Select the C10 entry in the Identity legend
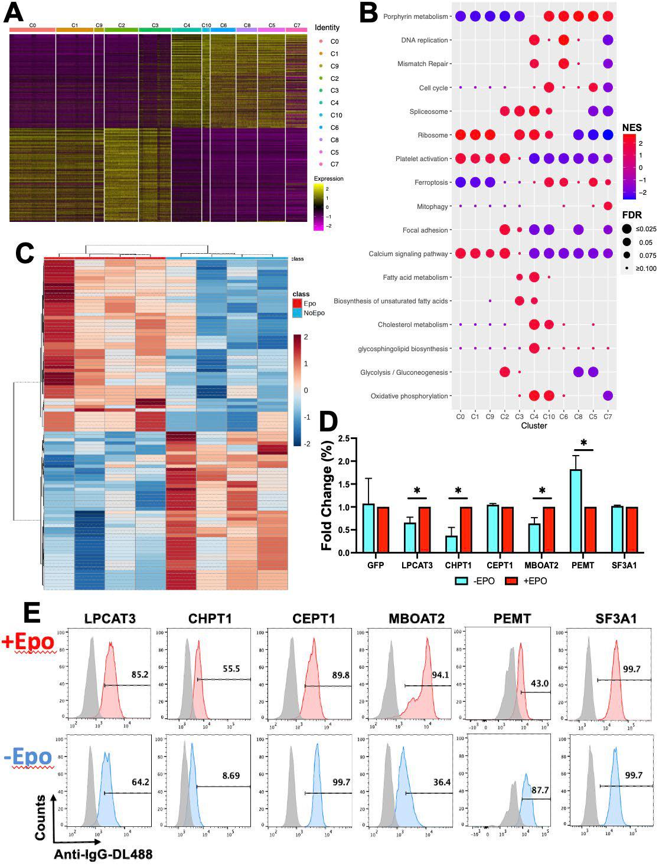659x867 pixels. tap(336, 115)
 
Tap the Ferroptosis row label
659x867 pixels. tap(432, 182)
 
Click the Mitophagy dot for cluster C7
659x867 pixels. tap(608, 206)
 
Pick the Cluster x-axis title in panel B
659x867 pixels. tap(534, 426)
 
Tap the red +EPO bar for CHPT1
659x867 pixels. tap(466, 530)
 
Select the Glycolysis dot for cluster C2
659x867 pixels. tap(505, 372)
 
